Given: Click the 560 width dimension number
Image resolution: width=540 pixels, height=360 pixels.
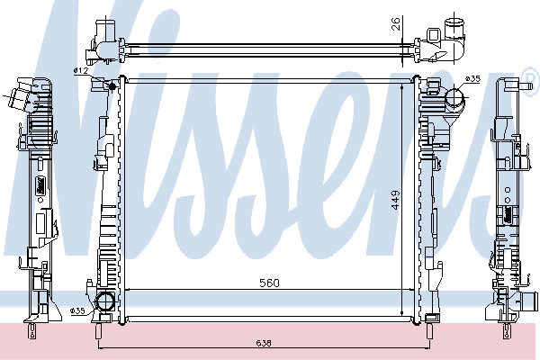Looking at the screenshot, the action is pyautogui.click(x=269, y=283).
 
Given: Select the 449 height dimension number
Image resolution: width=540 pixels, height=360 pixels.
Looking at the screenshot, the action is pyautogui.click(x=395, y=200).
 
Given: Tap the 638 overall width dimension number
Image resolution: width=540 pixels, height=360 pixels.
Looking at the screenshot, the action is pyautogui.click(x=264, y=343).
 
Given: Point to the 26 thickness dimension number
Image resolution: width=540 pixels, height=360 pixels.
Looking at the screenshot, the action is pyautogui.click(x=396, y=24).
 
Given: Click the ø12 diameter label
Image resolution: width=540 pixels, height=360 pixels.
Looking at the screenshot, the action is pyautogui.click(x=81, y=70).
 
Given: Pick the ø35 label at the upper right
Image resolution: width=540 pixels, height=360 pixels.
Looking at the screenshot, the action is pyautogui.click(x=472, y=79).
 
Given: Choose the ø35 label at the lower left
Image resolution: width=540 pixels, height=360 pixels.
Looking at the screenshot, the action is pyautogui.click(x=77, y=311).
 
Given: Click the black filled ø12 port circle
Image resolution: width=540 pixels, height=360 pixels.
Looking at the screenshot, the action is pyautogui.click(x=112, y=85).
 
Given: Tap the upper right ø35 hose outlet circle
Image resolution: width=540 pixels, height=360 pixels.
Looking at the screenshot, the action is pyautogui.click(x=454, y=98).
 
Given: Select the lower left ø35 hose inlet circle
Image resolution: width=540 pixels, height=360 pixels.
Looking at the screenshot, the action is pyautogui.click(x=104, y=301).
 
